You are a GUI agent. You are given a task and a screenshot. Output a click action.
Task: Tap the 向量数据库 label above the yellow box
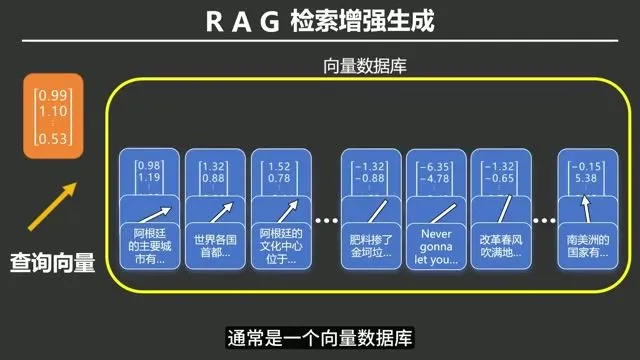point(364,67)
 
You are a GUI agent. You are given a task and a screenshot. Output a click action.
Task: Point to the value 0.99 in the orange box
point(50,96)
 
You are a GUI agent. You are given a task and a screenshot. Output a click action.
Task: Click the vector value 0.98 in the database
point(150,166)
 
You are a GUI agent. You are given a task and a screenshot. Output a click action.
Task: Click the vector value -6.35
point(437,166)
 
